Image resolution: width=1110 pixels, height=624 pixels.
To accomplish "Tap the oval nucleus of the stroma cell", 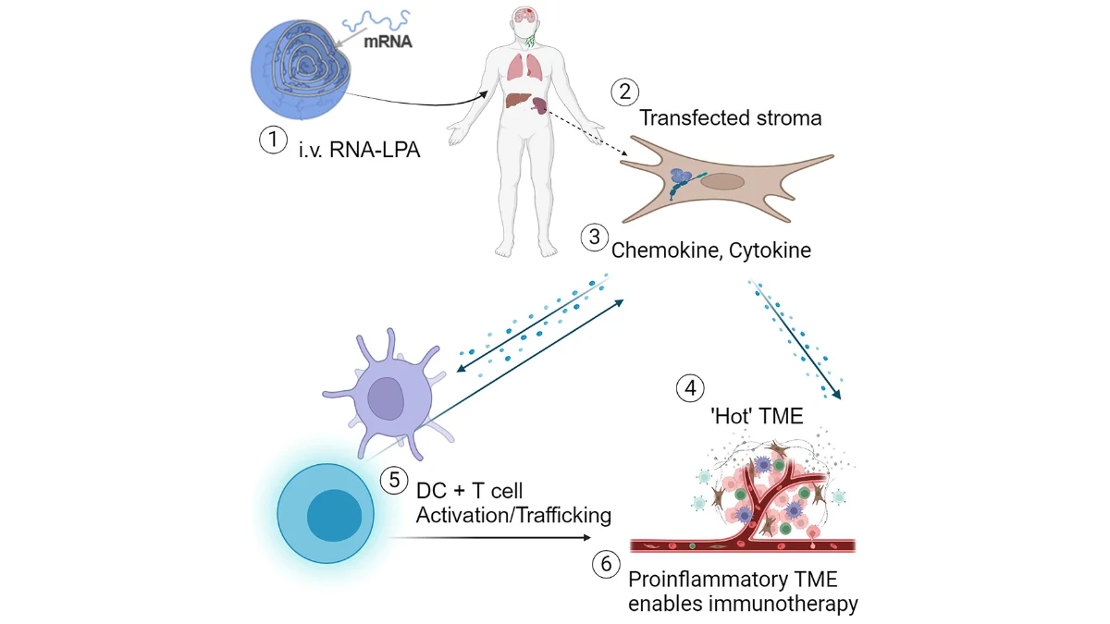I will pos(719,180).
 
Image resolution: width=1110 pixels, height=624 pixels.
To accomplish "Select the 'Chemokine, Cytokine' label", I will pos(710,250).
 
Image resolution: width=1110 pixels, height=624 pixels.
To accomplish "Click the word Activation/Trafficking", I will pos(514,515).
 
